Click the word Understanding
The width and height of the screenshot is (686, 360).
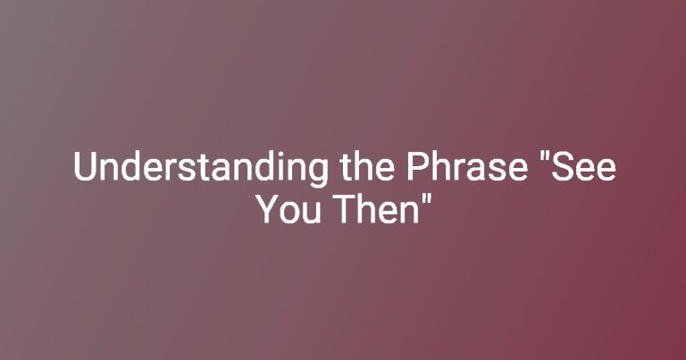point(201,168)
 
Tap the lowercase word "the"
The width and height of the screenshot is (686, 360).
point(367,167)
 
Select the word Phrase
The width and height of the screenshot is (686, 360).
point(467,167)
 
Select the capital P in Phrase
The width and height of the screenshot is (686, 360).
point(417,167)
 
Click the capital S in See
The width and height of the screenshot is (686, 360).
point(561,167)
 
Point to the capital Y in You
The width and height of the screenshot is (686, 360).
point(268,209)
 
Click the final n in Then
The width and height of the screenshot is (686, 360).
point(408,213)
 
